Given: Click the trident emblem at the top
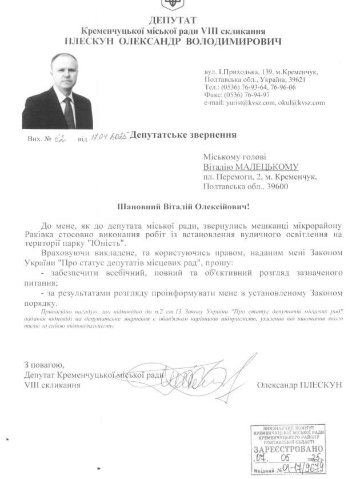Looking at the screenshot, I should pos(171,3).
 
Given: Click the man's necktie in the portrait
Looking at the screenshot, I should pos(69,111).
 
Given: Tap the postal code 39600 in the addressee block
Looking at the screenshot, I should pos(277,186).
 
